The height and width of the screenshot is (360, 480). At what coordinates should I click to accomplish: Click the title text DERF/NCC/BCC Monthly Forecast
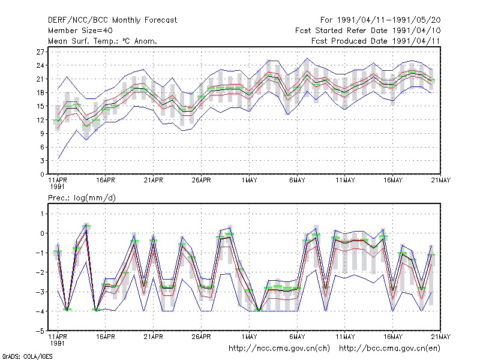(112, 20)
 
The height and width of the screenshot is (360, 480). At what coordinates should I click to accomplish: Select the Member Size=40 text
(80, 31)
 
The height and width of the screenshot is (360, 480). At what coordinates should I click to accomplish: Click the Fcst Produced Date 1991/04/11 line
(376, 41)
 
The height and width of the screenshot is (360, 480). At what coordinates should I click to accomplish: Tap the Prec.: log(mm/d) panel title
(82, 198)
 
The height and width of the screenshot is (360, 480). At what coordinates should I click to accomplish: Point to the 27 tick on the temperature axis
(40, 52)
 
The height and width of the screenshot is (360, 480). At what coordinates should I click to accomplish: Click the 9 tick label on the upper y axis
(42, 133)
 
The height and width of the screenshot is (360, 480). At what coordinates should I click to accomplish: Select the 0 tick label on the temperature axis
(42, 174)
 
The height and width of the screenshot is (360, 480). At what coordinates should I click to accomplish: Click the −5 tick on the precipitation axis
(40, 331)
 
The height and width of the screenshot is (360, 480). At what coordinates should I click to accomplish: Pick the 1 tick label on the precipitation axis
(42, 214)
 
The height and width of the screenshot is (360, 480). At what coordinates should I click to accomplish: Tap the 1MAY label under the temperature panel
(249, 181)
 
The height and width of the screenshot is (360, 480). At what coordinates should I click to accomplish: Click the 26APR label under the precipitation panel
(202, 337)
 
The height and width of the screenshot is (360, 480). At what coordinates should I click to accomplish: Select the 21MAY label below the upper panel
(441, 181)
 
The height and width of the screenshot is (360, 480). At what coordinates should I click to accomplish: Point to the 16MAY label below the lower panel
(393, 337)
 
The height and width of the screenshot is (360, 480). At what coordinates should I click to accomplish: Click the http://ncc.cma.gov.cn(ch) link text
(279, 349)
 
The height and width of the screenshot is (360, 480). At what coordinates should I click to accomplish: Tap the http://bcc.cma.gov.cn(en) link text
(389, 349)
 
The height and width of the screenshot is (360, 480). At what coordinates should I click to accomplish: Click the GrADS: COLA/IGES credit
(27, 356)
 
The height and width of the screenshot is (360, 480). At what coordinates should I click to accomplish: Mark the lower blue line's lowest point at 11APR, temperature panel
(58, 159)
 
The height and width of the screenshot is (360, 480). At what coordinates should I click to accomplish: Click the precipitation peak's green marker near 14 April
(86, 226)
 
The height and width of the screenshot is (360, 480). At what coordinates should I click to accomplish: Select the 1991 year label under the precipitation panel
(57, 343)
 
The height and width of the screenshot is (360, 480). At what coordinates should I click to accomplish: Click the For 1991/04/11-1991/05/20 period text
(380, 20)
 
